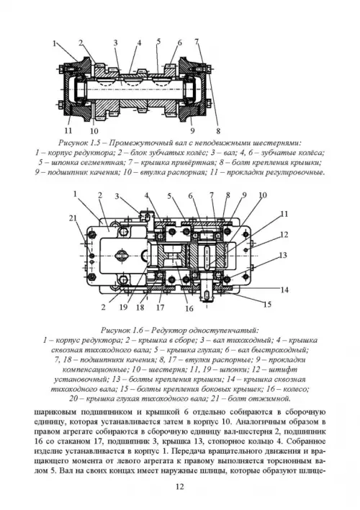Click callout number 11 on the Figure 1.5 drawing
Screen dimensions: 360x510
coord(68,130)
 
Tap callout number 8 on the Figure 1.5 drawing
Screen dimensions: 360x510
coord(218,131)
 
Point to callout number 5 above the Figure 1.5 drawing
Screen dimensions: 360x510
coord(158,41)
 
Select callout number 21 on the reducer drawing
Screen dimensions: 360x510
coord(73,218)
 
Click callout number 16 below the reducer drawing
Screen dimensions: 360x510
coord(189,308)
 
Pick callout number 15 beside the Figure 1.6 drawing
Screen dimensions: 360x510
coord(267,305)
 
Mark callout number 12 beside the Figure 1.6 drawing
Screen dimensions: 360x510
coord(284,234)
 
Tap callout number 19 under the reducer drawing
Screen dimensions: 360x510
coord(123,307)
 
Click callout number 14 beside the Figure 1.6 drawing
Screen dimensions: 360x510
coord(284,290)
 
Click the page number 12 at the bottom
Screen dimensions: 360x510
coord(180,486)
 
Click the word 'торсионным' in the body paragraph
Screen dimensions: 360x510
coord(287,460)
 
